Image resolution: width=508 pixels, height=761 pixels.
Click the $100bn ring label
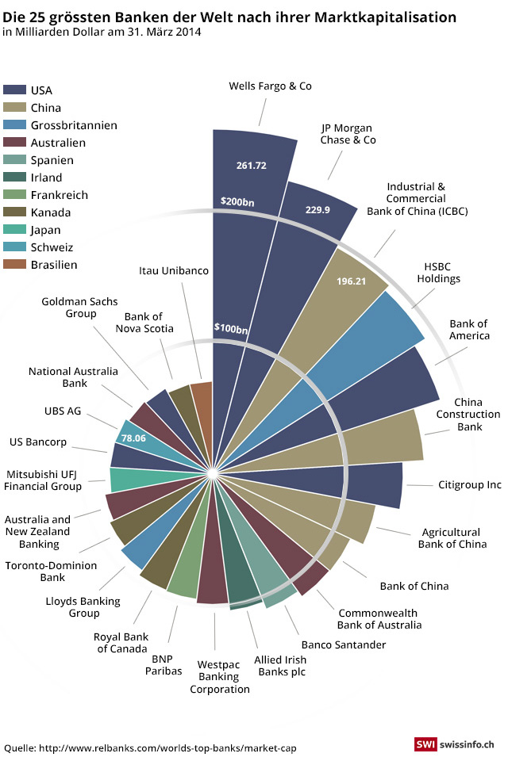pos(231,328)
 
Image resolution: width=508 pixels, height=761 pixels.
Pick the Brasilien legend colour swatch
pos(14,265)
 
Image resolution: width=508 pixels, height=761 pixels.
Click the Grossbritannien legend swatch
pos(14,125)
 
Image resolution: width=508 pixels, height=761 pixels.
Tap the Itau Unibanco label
pos(173,270)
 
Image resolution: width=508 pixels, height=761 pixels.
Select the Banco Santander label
pos(343,644)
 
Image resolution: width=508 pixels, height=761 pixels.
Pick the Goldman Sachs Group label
pos(79,307)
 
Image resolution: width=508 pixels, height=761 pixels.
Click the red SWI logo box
pos(422,745)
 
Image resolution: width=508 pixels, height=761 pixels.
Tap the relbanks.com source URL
pos(167,748)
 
